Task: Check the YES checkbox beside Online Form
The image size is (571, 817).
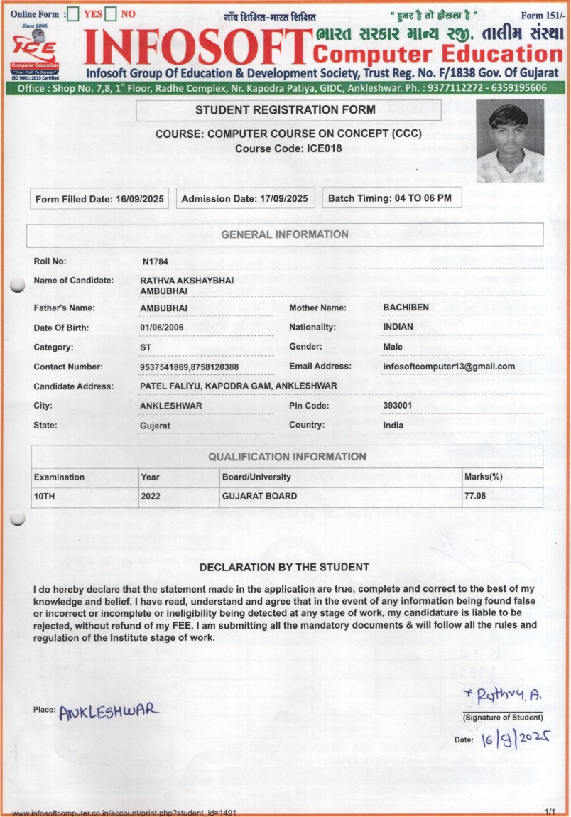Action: pos(72,13)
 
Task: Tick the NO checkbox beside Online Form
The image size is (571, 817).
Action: pos(110,13)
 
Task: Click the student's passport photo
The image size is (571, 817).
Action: pos(510,141)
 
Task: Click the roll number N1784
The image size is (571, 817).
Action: pos(155,261)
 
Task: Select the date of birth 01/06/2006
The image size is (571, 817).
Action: pos(164,328)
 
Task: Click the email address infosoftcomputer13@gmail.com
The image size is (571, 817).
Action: pos(448,367)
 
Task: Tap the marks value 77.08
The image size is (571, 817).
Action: pos(475,496)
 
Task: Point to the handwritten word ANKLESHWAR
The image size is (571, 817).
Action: pos(109,710)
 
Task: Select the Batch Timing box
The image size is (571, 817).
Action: pos(392,198)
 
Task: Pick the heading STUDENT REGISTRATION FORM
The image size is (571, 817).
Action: pos(285,110)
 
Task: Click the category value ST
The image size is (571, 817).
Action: pos(146,347)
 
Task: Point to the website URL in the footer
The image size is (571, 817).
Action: pos(124,812)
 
